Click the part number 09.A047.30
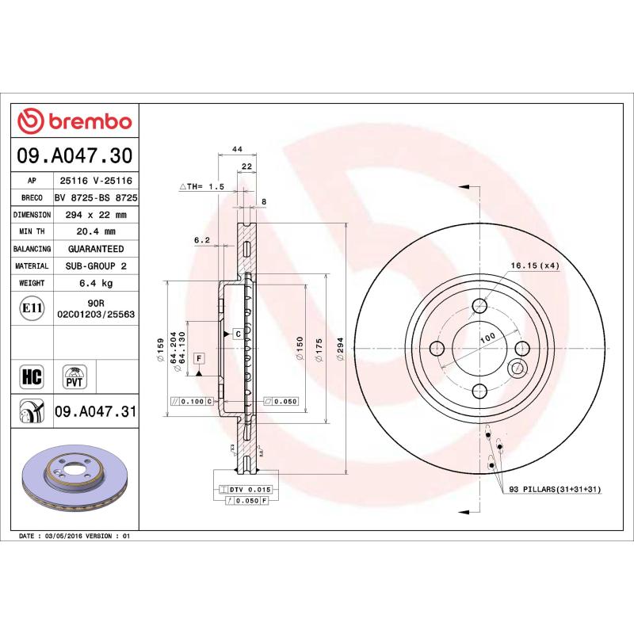[74, 156]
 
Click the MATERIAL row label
[32, 266]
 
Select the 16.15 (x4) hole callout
[535, 265]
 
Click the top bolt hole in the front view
[479, 307]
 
